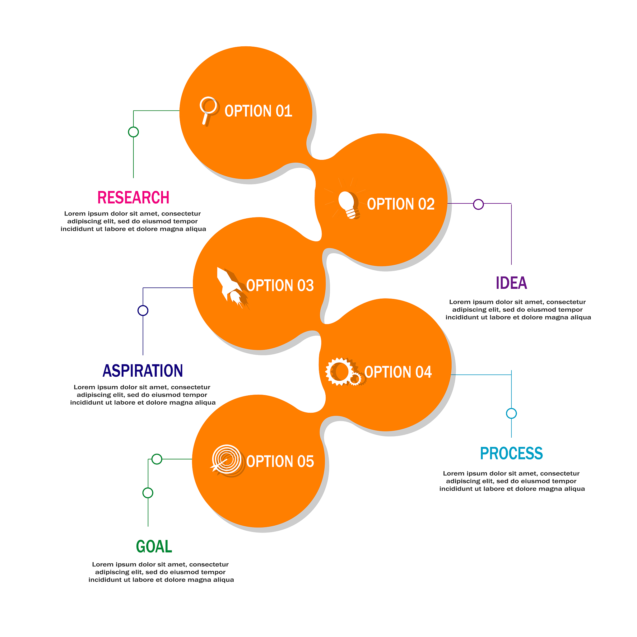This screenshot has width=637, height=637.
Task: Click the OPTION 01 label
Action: point(258,111)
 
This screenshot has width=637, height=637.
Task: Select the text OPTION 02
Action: point(401,204)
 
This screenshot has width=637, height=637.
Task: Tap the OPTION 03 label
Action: point(280,286)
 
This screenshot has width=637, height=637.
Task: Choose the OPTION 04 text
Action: point(398,372)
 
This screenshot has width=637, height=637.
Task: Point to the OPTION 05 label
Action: point(280,462)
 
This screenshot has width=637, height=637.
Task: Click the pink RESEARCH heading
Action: point(133,198)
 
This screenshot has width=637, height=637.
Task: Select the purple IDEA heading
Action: point(511,283)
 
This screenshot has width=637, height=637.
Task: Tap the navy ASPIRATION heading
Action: point(143,371)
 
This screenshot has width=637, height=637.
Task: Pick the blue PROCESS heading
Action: point(511,453)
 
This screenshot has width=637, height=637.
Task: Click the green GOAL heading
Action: point(154,547)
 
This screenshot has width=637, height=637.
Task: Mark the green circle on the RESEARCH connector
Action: point(133,132)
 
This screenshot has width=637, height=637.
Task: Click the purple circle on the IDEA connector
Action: point(478,204)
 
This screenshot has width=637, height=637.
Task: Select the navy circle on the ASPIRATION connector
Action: point(143,311)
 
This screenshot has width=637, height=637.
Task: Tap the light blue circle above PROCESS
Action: point(511,413)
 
